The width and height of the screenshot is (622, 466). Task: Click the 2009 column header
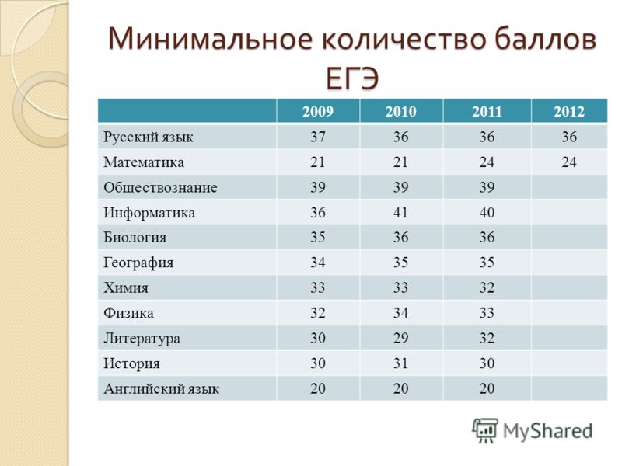tap(318, 111)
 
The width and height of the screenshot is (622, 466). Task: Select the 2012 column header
tap(569, 111)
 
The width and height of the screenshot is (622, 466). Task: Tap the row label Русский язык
tap(148, 137)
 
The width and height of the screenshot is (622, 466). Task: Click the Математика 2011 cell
tap(487, 162)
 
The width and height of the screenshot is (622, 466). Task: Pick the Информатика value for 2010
tap(400, 212)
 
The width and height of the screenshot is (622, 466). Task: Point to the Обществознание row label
tap(160, 187)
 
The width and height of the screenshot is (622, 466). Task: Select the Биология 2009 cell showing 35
tap(318, 238)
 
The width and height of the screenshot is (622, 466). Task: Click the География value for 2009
tap(318, 263)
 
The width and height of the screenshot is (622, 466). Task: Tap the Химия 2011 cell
tap(487, 287)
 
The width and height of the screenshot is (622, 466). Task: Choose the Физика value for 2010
tap(400, 313)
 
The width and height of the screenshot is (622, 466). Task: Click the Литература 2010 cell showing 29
tap(400, 338)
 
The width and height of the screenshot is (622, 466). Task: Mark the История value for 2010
tap(400, 363)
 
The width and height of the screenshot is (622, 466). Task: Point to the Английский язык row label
tap(161, 389)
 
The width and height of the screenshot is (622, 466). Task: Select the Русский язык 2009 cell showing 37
tap(318, 137)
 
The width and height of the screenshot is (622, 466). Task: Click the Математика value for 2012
tap(569, 162)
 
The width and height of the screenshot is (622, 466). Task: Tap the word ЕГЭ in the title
tap(352, 78)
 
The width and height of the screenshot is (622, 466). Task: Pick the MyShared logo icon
tap(484, 430)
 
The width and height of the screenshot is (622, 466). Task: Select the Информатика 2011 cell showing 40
tap(487, 212)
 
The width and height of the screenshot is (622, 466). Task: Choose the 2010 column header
tap(400, 111)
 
